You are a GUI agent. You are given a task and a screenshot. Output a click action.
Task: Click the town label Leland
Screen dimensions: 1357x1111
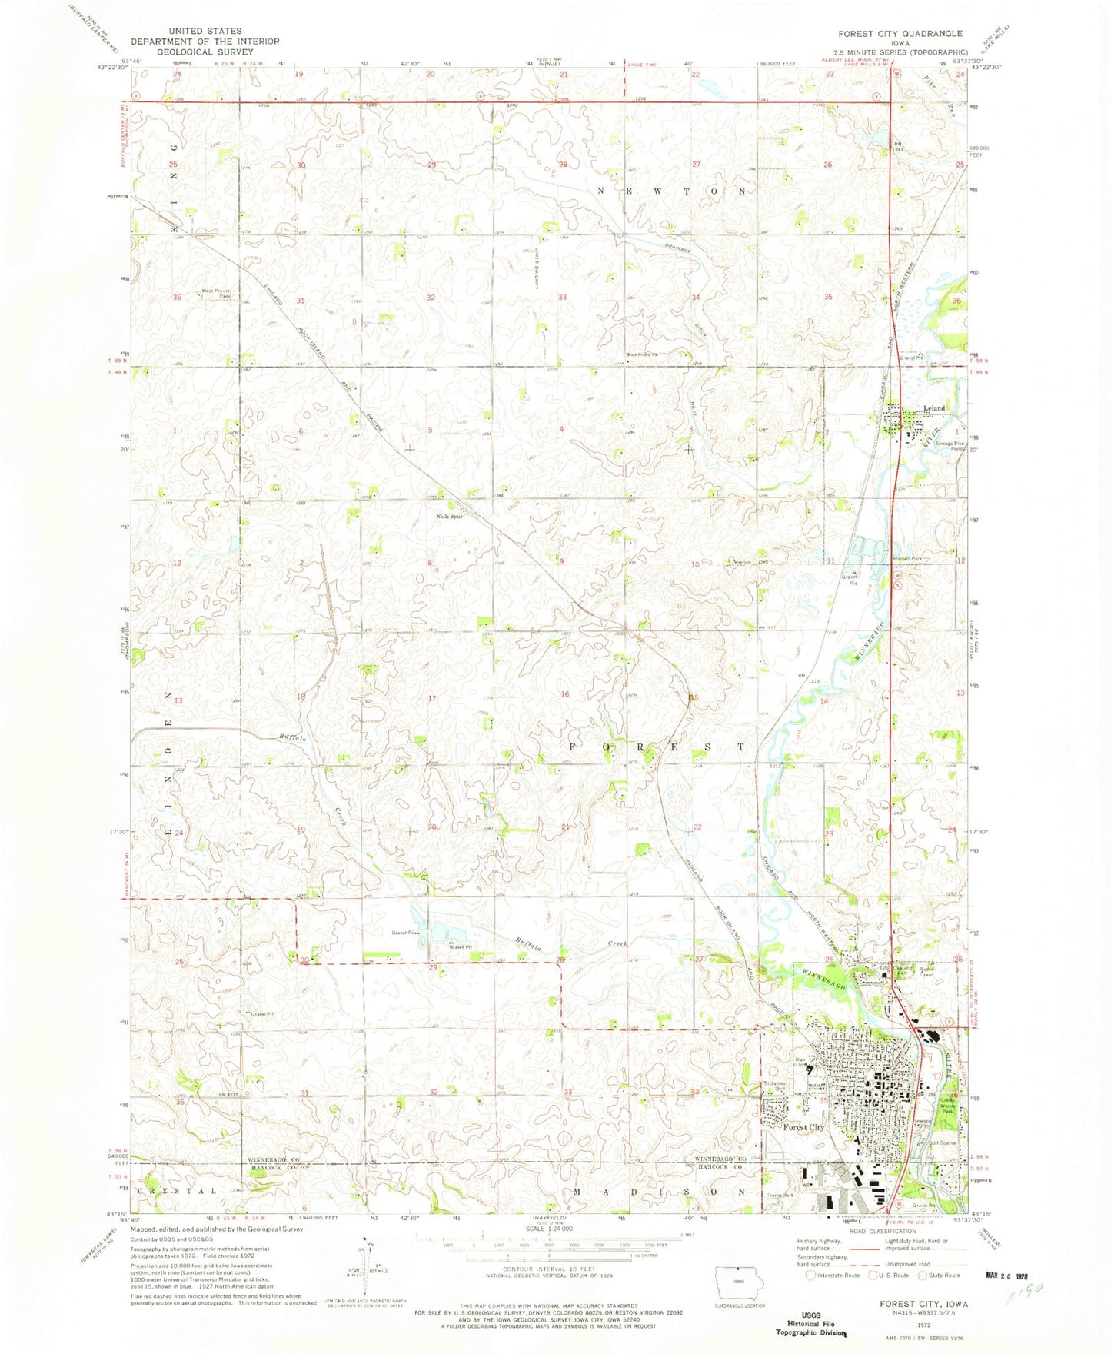(933, 407)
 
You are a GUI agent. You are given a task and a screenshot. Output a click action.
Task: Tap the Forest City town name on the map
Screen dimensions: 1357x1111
(803, 1127)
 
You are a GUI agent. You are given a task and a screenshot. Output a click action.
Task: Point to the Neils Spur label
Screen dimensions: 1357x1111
(450, 516)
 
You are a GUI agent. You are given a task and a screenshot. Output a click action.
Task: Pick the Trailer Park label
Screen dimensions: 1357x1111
(780, 1196)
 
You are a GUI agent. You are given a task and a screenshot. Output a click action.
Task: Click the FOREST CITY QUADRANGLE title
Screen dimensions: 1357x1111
(901, 34)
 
